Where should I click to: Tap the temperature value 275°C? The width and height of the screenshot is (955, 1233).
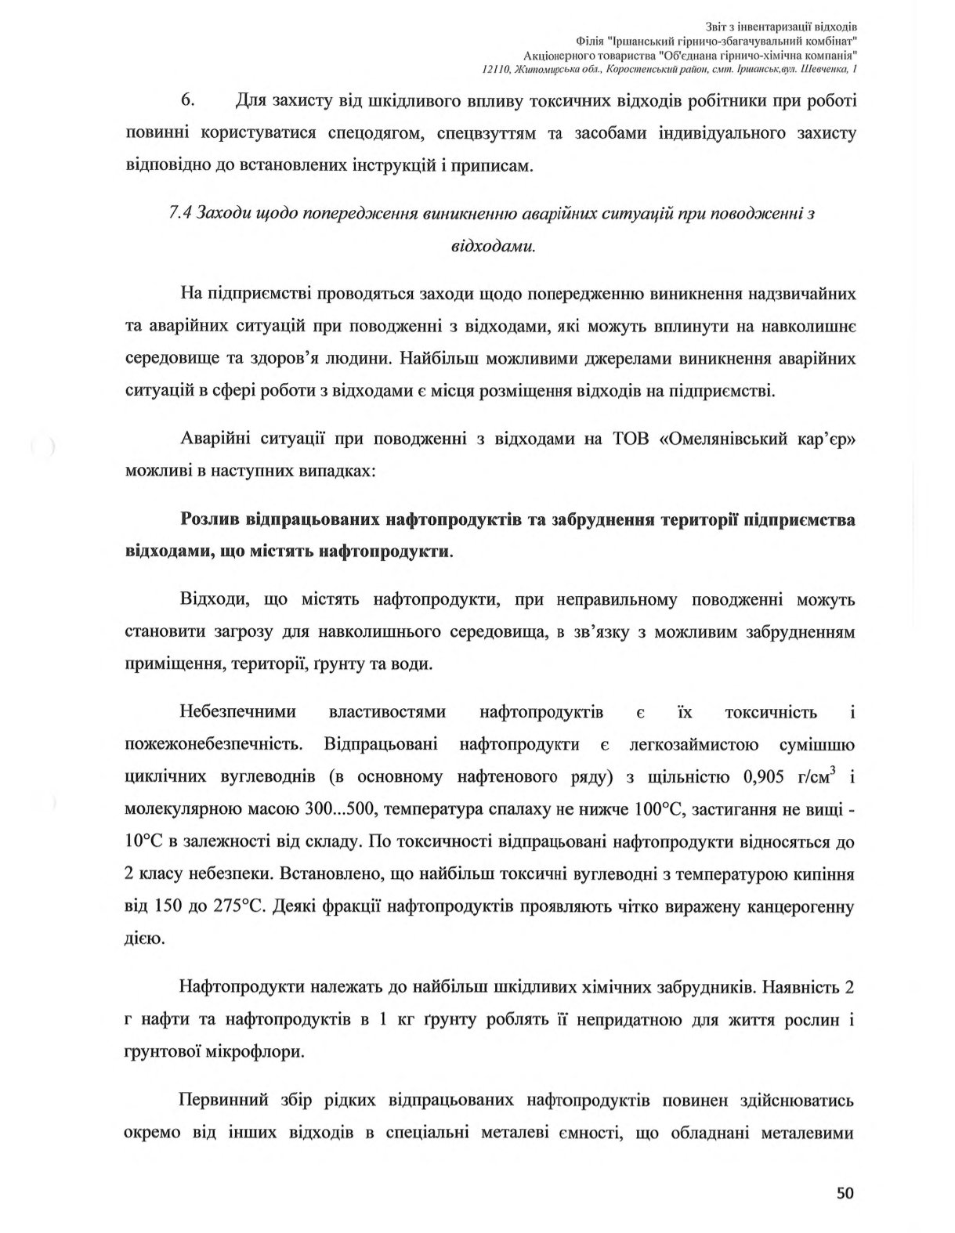237,906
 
